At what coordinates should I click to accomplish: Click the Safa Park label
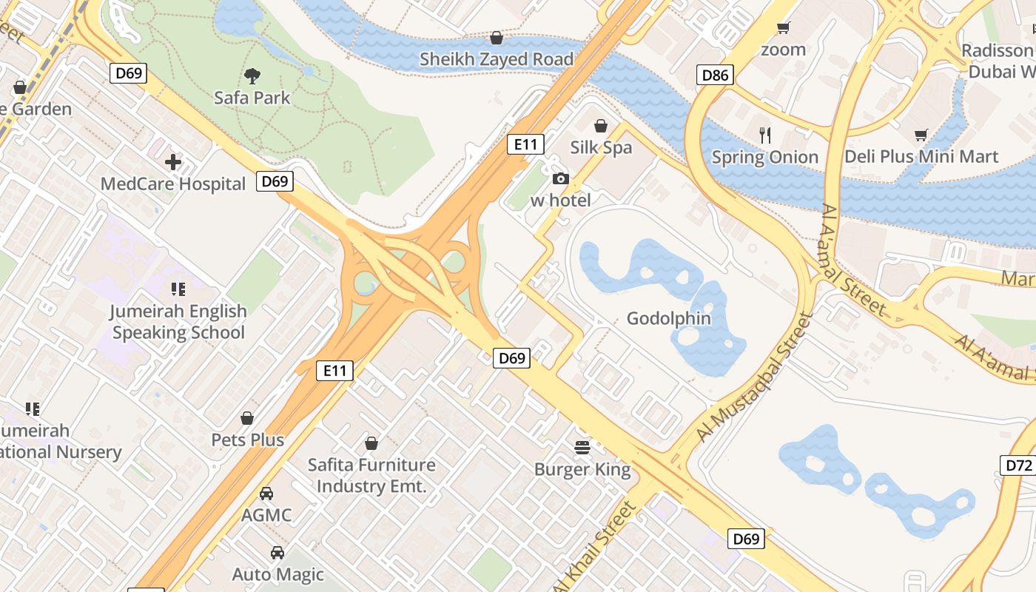[252, 98]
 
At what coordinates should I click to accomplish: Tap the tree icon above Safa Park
[252, 75]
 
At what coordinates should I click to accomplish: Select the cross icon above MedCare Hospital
[173, 161]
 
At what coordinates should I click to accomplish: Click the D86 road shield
[715, 74]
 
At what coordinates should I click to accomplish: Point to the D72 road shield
[1019, 465]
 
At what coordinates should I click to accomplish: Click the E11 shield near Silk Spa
[526, 144]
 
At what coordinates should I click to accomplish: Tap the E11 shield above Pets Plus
[334, 370]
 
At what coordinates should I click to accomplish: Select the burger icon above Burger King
[582, 447]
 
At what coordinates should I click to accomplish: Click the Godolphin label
[668, 319]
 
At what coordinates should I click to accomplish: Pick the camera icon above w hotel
[560, 178]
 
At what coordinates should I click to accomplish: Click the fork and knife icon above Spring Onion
[765, 135]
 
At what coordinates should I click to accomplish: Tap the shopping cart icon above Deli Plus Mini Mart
[921, 135]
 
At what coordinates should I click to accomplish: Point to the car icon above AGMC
[266, 493]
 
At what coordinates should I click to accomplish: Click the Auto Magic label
[278, 574]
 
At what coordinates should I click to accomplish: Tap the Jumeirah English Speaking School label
[178, 322]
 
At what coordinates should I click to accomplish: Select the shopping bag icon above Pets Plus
[247, 418]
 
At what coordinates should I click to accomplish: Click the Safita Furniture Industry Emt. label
[371, 475]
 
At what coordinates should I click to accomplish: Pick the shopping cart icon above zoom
[783, 28]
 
